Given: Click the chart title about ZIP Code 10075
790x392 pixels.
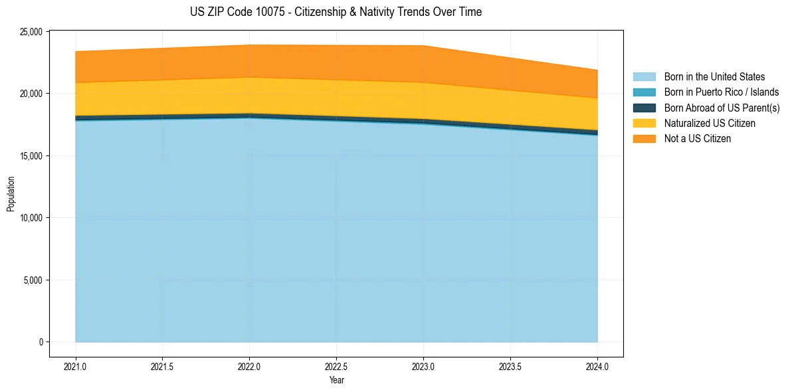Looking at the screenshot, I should pos(336,12).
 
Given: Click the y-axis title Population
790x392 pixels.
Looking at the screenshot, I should pos(11,193).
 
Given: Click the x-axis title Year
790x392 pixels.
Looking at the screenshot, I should pos(336,381).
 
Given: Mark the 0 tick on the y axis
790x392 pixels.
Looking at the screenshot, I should pos(41,342).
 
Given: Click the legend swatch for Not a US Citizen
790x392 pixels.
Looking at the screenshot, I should pos(644,139).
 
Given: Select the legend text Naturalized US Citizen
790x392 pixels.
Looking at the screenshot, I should pos(710,124).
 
